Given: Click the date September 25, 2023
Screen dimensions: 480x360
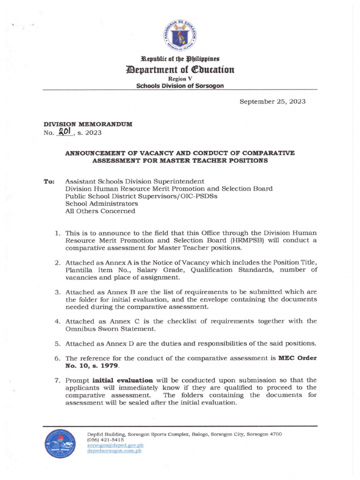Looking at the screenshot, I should (272, 102).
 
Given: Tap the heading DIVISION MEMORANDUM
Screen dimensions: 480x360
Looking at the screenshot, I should (88, 124).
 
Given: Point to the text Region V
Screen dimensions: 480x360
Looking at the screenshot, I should (180, 79).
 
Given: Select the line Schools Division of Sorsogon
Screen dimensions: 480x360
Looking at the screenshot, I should (180, 86).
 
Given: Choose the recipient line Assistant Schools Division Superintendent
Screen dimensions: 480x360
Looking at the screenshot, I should (135, 181).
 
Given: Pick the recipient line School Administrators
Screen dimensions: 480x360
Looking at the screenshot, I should (102, 203).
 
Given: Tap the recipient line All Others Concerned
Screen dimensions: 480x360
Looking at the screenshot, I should (100, 211).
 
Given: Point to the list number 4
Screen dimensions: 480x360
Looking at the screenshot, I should (56, 321).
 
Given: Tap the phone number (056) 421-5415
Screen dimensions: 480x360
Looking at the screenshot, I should (105, 440).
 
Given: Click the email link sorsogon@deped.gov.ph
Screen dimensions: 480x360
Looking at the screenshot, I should (115, 445).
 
